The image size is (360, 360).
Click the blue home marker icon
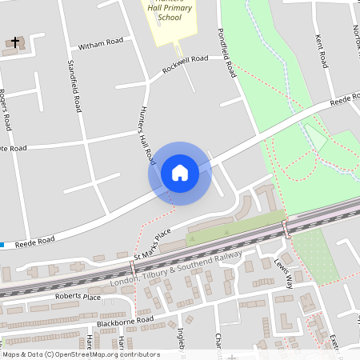pyautogui.click(x=180, y=173)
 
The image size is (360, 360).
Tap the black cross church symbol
pyautogui.click(x=14, y=41)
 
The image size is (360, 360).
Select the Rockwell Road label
pyautogui.click(x=185, y=64)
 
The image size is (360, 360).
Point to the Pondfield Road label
pyautogui.click(x=226, y=53)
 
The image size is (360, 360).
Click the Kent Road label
pyautogui.click(x=320, y=50)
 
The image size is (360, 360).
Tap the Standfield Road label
pyautogui.click(x=73, y=85)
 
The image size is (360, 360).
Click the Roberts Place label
pyautogui.click(x=78, y=296)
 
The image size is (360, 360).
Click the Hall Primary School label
pyautogui.click(x=170, y=10)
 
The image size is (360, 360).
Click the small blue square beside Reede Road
pyautogui.click(x=2, y=244)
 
